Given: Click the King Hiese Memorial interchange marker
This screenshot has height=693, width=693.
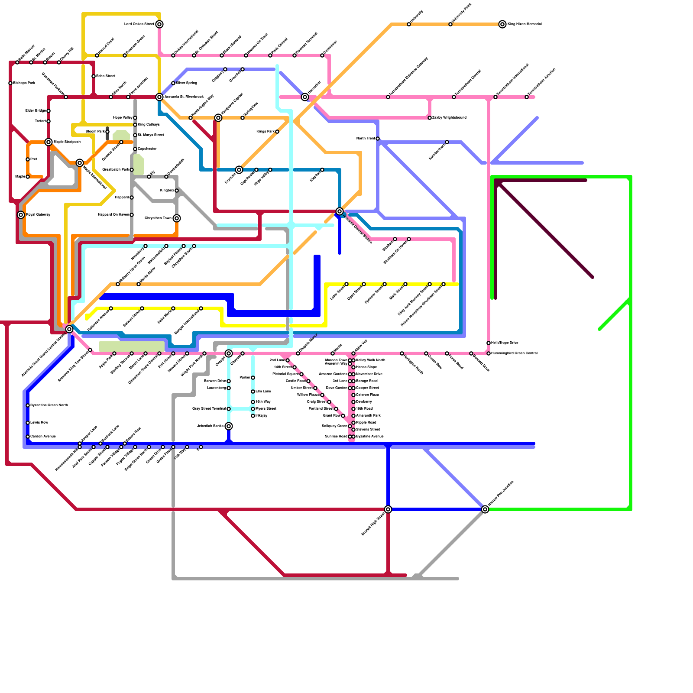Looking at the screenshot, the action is tap(502, 24).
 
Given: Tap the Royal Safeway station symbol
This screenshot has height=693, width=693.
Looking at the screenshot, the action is tap(21, 215).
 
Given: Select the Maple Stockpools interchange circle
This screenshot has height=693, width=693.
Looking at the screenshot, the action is tap(49, 142).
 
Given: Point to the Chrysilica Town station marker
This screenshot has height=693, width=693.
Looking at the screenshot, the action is tap(177, 218).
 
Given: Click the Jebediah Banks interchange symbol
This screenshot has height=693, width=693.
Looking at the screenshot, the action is tap(229, 426).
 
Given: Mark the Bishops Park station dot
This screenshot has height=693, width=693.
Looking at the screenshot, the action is tap(10, 83).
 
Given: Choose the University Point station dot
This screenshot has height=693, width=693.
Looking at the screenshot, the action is tap(450, 24).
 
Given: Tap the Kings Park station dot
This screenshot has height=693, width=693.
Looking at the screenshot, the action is tap(277, 132).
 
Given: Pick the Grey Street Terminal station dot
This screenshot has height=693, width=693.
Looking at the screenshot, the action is tap(229, 409).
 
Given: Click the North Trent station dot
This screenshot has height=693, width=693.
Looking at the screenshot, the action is tap(378, 139).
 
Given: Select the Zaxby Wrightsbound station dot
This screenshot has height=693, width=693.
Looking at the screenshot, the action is tap(430, 118).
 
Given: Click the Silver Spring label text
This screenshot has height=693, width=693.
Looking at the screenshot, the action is tap(187, 83).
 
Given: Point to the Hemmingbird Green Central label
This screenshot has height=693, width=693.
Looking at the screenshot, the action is tap(515, 353).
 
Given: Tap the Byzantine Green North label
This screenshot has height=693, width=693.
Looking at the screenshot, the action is tap(49, 405).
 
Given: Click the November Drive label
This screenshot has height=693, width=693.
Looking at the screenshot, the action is tap(369, 374).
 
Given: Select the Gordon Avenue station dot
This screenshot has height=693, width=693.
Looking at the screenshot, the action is tap(28, 437).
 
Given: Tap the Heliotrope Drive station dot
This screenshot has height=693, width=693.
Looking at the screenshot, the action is tap(489, 343).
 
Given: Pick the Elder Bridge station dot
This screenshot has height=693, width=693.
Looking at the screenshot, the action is tap(49, 111).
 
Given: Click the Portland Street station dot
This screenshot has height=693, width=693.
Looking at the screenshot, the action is tap(336, 409).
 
